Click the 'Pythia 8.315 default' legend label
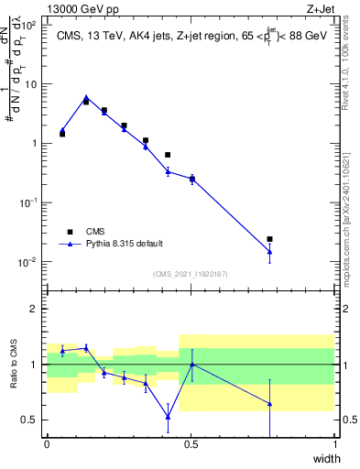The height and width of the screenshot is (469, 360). click(x=124, y=244)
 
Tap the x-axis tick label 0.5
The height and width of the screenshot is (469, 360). click(x=191, y=444)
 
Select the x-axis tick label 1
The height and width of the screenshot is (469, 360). click(x=334, y=444)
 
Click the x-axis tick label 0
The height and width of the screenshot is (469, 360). click(x=47, y=444)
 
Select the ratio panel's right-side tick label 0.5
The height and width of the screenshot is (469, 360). click(x=348, y=420)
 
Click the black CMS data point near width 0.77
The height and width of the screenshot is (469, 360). click(x=269, y=239)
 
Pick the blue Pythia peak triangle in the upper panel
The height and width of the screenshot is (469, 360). click(x=86, y=97)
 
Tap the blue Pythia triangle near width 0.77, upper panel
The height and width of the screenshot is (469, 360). click(x=269, y=252)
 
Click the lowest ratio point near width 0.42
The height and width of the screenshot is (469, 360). click(x=168, y=417)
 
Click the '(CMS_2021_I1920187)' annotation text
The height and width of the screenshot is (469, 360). click(x=190, y=273)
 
